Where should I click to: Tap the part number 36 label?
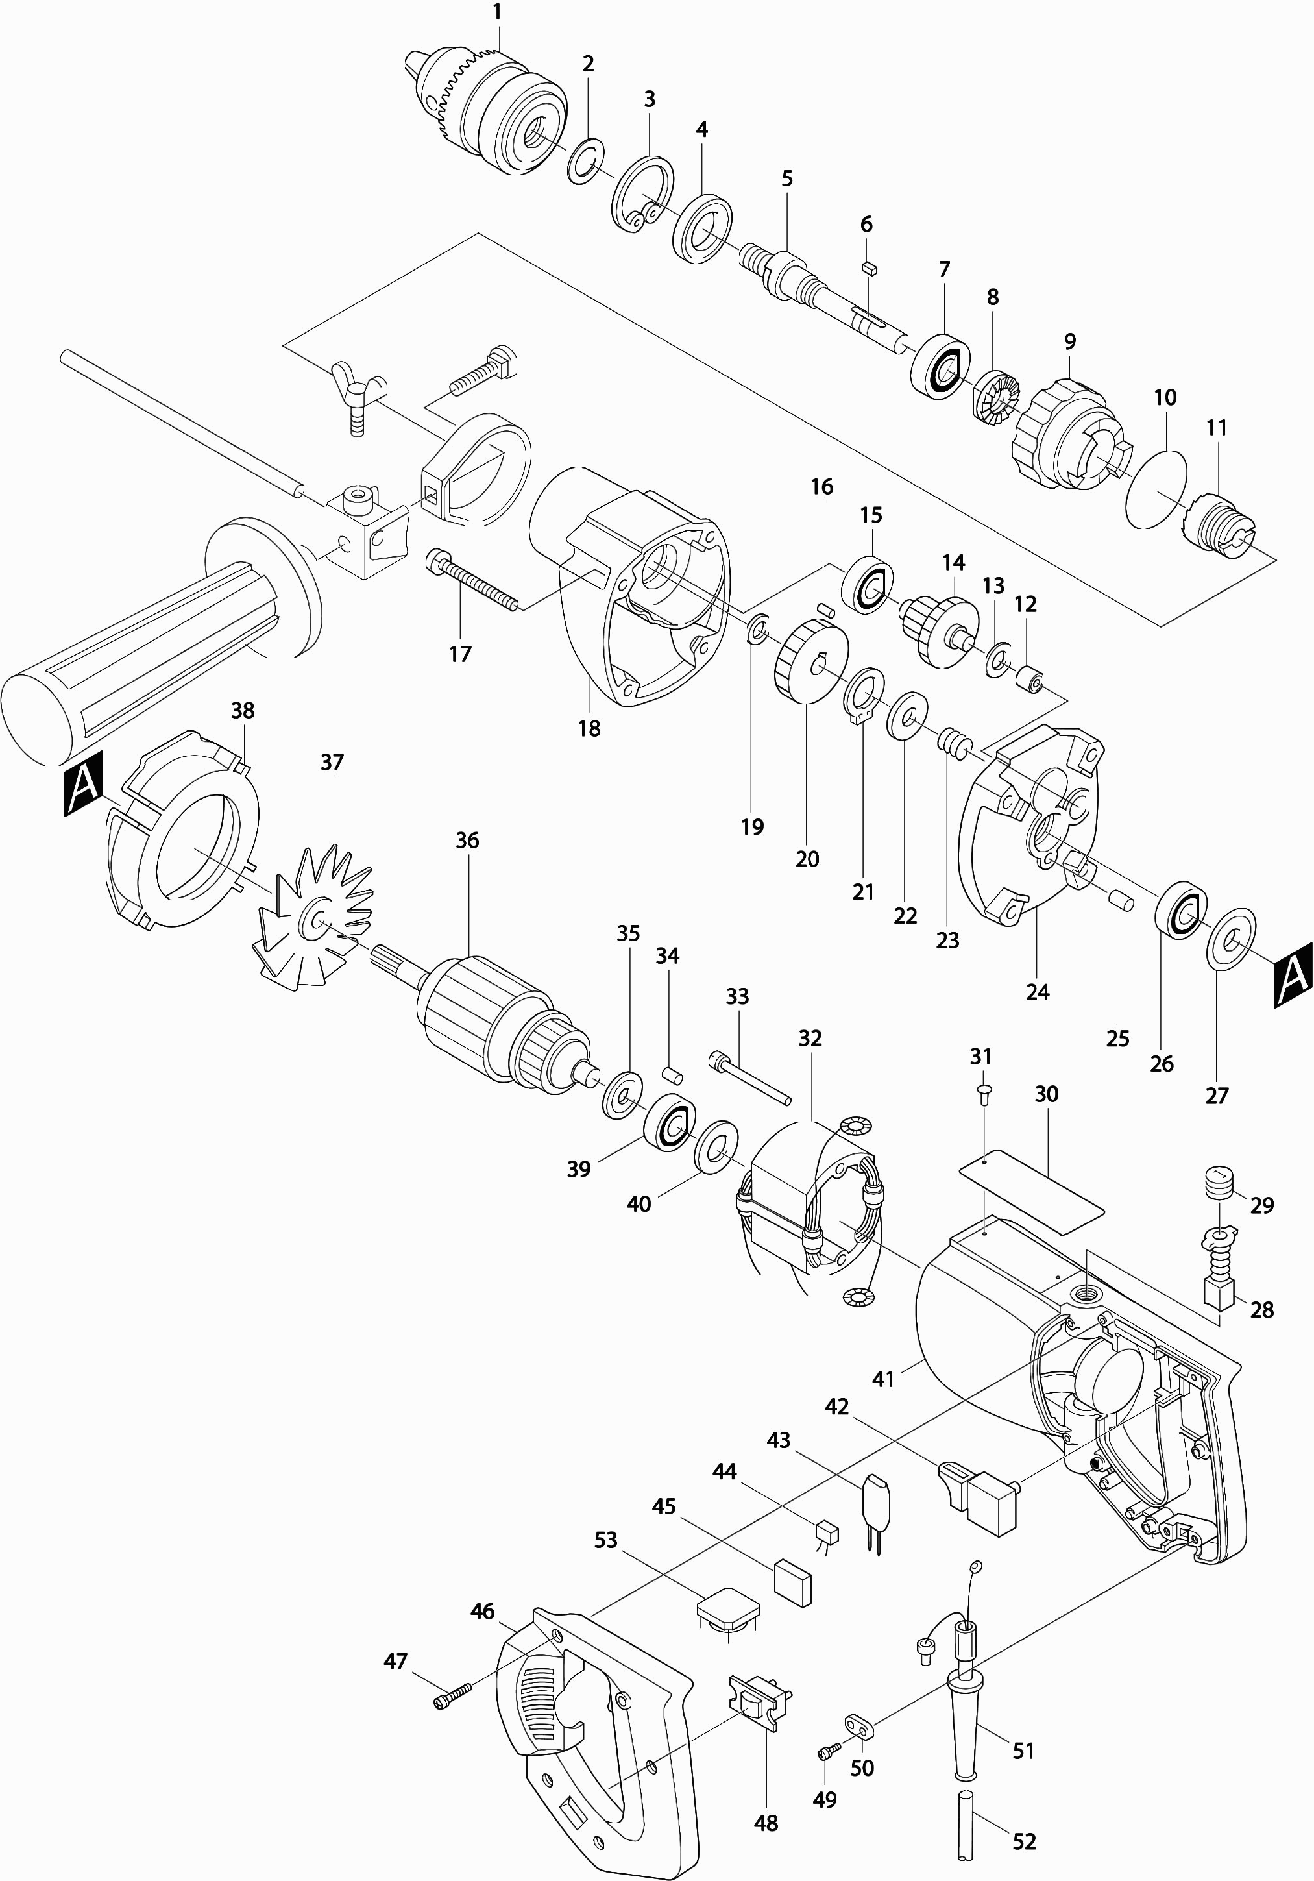(x=467, y=840)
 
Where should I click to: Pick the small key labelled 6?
(x=870, y=266)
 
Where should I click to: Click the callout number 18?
(x=589, y=728)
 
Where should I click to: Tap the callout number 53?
(x=605, y=1540)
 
